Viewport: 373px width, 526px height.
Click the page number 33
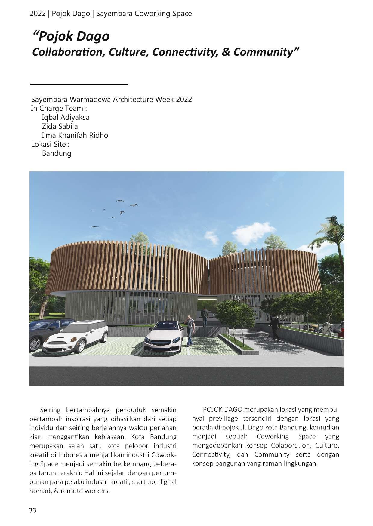(32, 510)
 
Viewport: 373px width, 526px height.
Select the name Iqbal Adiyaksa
(66, 117)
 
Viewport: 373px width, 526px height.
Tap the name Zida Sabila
(60, 126)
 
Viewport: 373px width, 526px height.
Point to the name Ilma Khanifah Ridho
(75, 135)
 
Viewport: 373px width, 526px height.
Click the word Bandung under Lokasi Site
(57, 153)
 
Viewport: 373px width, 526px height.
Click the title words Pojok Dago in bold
(74, 37)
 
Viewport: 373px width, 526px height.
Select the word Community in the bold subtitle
(263, 52)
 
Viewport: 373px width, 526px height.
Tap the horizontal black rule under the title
(79, 84)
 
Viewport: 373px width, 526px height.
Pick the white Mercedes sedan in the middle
(164, 337)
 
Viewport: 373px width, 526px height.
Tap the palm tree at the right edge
(331, 241)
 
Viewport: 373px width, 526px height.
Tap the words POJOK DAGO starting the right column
(223, 409)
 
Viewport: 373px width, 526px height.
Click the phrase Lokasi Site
(50, 144)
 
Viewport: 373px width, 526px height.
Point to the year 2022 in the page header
(37, 14)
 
